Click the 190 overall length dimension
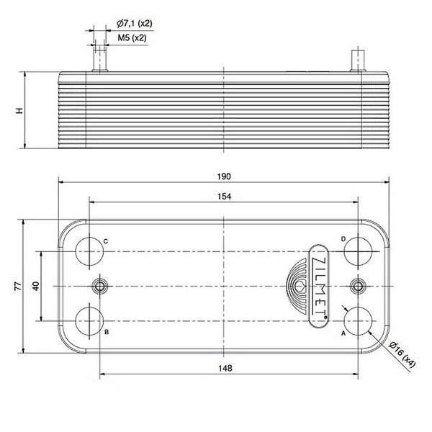pyautogui.click(x=224, y=176)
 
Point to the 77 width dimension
pyautogui.click(x=16, y=287)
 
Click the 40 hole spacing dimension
pyautogui.click(x=35, y=285)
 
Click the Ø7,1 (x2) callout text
pyautogui.click(x=134, y=23)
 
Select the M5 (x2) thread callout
pyautogui.click(x=133, y=37)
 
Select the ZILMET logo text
pyautogui.click(x=320, y=287)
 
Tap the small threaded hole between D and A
pyautogui.click(x=357, y=287)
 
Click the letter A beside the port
pyautogui.click(x=343, y=334)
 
